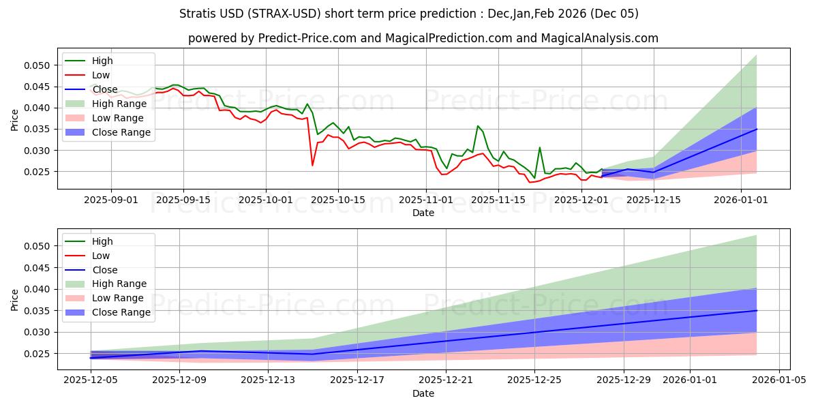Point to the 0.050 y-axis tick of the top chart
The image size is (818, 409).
tap(38, 65)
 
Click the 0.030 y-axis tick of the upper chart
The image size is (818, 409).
tap(38, 151)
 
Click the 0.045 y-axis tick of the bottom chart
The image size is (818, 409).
tap(38, 268)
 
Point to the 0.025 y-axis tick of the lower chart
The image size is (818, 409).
tap(38, 354)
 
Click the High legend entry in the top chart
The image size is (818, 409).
tap(102, 61)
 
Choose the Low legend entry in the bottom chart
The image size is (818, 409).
tap(101, 256)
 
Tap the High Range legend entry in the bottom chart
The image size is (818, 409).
tap(119, 284)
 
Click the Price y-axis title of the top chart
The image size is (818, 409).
tap(15, 120)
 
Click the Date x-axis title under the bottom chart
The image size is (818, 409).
tap(423, 393)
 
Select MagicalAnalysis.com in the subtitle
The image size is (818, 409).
tap(599, 38)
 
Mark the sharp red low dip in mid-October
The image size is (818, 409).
tap(313, 165)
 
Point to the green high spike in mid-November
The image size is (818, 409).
tap(478, 126)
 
